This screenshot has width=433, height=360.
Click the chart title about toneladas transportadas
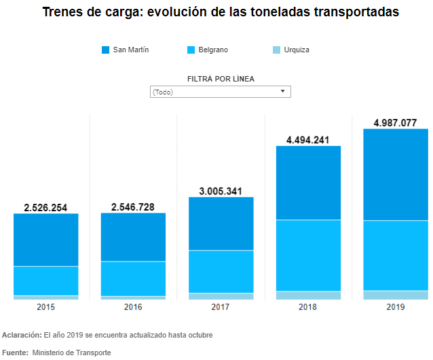point(221,12)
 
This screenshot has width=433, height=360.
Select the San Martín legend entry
point(125,50)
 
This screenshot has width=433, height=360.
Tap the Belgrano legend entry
point(208,50)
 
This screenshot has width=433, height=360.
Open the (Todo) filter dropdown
point(220,92)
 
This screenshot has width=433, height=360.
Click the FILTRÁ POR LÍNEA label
point(221,79)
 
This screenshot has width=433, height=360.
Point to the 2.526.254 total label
point(45,207)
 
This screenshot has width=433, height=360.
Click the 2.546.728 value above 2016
point(133,206)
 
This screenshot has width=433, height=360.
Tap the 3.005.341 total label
point(221,191)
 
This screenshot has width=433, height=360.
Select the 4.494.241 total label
point(308,140)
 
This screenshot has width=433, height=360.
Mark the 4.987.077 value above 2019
point(396,123)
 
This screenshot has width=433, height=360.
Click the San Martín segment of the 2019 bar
point(396,175)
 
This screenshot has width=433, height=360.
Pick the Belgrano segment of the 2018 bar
point(308,255)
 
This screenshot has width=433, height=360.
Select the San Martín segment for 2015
point(45,240)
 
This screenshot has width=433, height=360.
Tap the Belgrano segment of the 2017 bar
point(221,272)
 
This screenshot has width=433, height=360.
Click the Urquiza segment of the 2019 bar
point(396,295)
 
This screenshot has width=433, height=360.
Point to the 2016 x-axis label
point(133,307)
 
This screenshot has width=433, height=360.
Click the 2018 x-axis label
point(308,307)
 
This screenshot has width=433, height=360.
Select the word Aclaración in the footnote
point(22,335)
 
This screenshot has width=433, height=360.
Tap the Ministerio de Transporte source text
point(71,353)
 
